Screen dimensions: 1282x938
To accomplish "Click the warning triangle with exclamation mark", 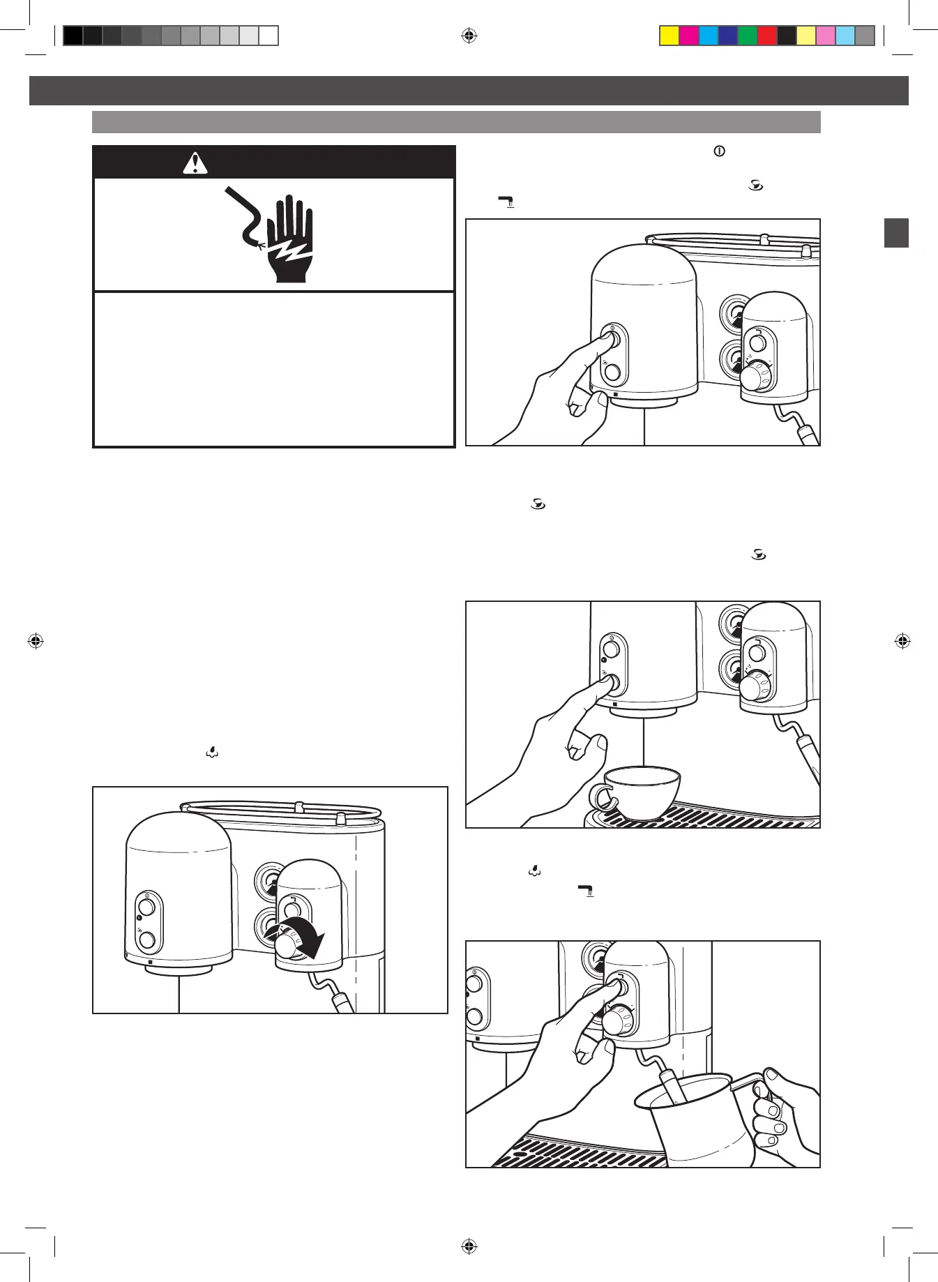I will (x=195, y=163).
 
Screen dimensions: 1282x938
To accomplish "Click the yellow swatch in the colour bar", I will (x=670, y=36).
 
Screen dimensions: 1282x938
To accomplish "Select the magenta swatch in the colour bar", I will (x=689, y=36).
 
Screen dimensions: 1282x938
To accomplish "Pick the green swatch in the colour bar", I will (x=748, y=36).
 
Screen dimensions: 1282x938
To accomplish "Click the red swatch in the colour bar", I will (x=767, y=36).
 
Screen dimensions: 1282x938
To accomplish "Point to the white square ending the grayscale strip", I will (x=268, y=36).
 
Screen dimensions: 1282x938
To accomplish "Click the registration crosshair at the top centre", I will (x=469, y=36).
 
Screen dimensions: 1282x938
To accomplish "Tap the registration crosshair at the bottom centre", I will (x=469, y=1246).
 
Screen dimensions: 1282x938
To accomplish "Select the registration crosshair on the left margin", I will (x=36, y=640).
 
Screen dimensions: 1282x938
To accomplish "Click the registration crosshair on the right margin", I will (x=902, y=640).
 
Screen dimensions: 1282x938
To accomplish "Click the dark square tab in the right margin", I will (x=896, y=233).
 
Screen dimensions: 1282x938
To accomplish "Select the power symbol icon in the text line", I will (x=719, y=151).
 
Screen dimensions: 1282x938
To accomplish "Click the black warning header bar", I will (x=274, y=163).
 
